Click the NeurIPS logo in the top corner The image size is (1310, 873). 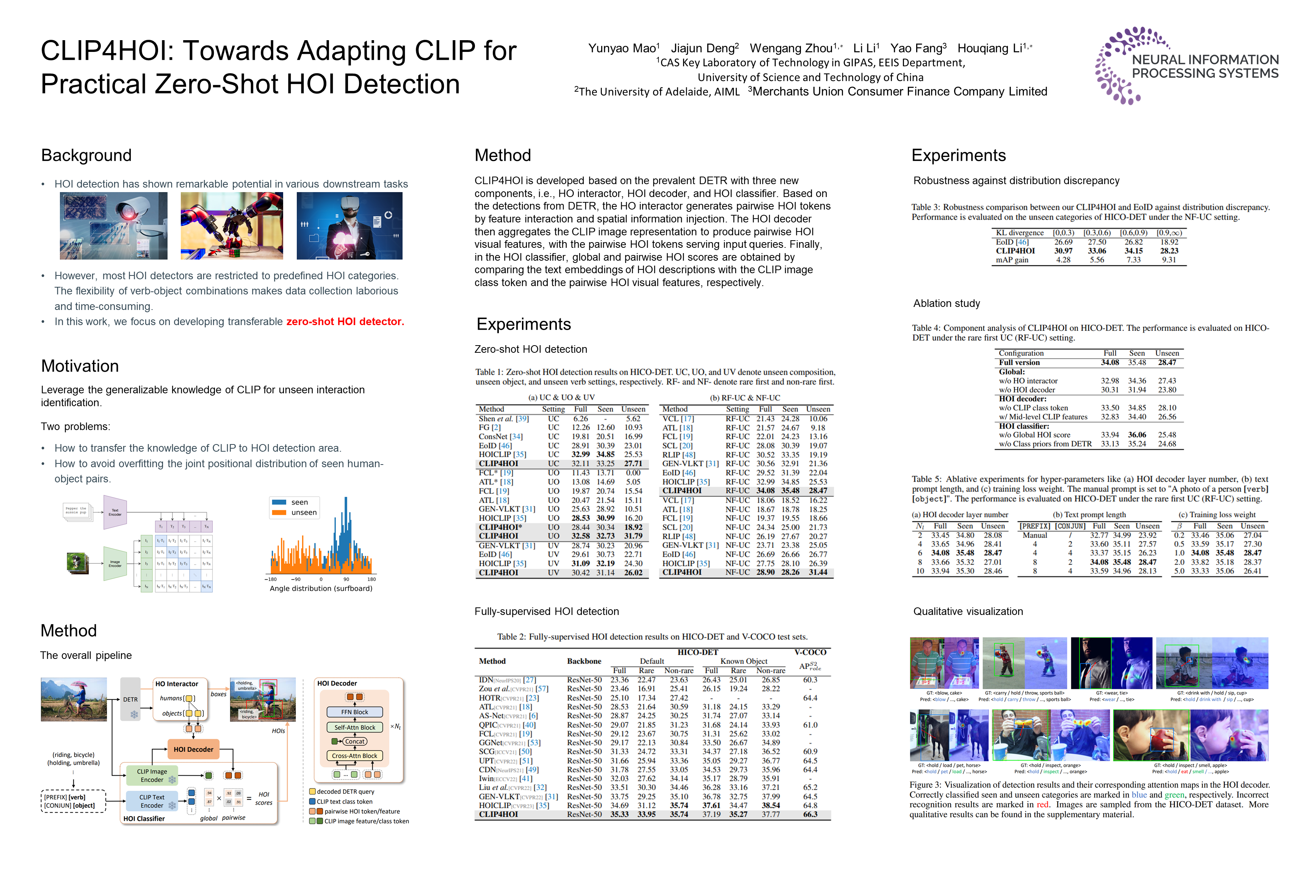(1186, 65)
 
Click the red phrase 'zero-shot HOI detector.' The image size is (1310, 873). (345, 322)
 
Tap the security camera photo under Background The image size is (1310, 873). (114, 226)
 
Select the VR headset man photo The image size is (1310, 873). (349, 226)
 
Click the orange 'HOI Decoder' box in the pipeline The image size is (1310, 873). (193, 749)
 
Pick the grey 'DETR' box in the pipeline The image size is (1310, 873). (130, 700)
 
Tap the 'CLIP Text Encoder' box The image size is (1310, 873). (152, 801)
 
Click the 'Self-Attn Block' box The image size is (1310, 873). (355, 727)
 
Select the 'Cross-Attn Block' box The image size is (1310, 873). (355, 756)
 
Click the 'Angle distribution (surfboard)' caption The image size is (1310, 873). (321, 588)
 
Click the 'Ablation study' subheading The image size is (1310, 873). (946, 304)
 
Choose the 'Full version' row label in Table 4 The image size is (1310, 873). (1019, 363)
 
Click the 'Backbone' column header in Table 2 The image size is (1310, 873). (584, 662)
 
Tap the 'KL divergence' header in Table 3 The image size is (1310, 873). (1019, 233)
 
